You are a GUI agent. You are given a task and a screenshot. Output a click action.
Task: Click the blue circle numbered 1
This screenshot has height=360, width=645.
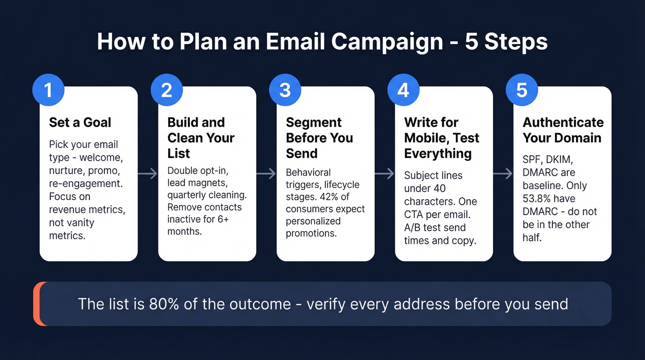48,90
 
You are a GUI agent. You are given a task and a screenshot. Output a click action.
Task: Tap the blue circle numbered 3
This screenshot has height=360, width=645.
285,90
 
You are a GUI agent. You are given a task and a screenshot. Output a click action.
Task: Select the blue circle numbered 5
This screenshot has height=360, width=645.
522,90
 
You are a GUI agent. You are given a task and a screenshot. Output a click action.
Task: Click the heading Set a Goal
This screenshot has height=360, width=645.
80,122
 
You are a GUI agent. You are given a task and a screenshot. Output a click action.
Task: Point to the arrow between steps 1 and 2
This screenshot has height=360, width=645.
148,174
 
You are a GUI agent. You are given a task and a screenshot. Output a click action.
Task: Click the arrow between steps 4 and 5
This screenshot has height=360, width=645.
503,174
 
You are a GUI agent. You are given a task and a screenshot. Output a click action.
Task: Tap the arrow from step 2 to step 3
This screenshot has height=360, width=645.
266,174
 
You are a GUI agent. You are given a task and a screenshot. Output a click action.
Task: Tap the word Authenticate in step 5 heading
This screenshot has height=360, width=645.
563,122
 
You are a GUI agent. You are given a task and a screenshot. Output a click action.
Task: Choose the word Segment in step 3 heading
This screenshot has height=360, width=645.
314,122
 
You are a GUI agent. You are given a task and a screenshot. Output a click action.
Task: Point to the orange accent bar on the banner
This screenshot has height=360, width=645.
36,304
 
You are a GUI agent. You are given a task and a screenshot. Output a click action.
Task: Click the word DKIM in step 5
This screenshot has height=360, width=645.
560,159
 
